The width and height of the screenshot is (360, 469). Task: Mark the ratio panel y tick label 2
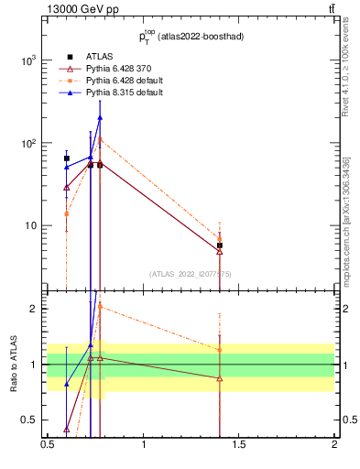33,309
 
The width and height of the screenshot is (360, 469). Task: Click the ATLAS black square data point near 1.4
220,245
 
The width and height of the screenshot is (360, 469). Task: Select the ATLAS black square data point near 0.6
67,158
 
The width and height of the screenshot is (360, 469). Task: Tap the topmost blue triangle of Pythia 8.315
100,117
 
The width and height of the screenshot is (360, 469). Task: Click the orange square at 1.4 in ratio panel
220,350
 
